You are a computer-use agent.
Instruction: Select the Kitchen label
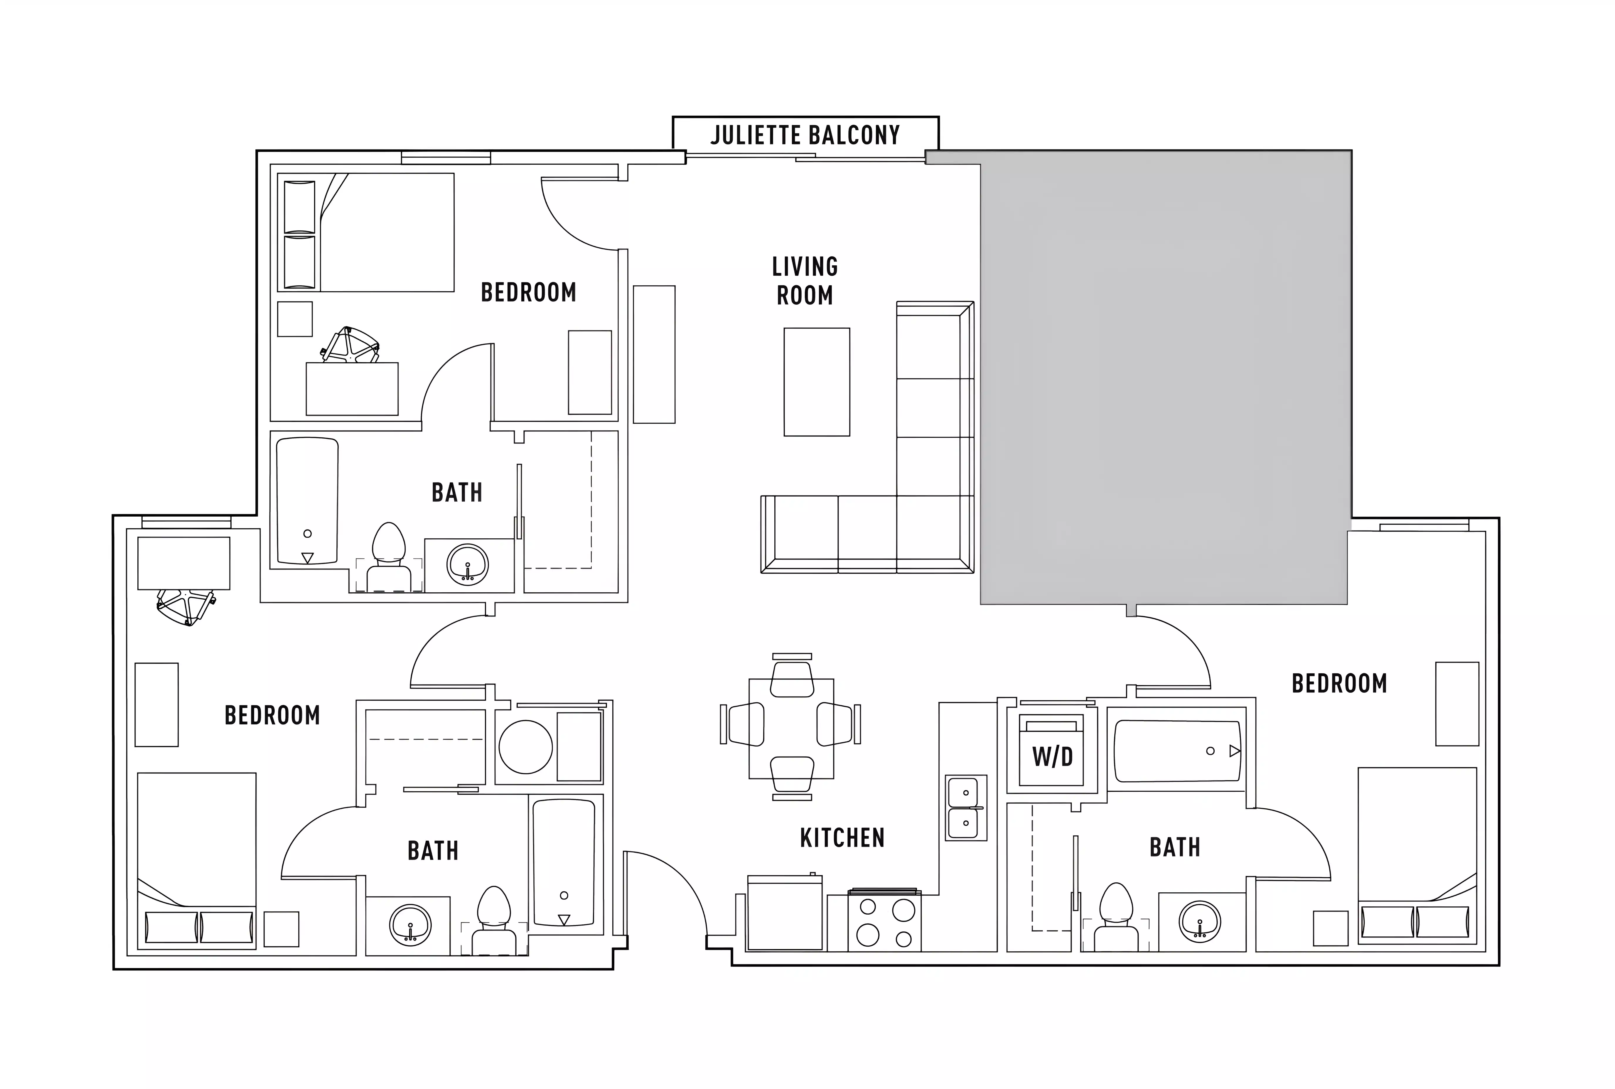pos(842,838)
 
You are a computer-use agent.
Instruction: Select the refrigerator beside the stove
pos(785,913)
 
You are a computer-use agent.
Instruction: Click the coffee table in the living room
pos(817,382)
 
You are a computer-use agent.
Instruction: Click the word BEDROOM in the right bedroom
pos(1339,683)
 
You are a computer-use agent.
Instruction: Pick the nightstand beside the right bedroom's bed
pos(1330,928)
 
